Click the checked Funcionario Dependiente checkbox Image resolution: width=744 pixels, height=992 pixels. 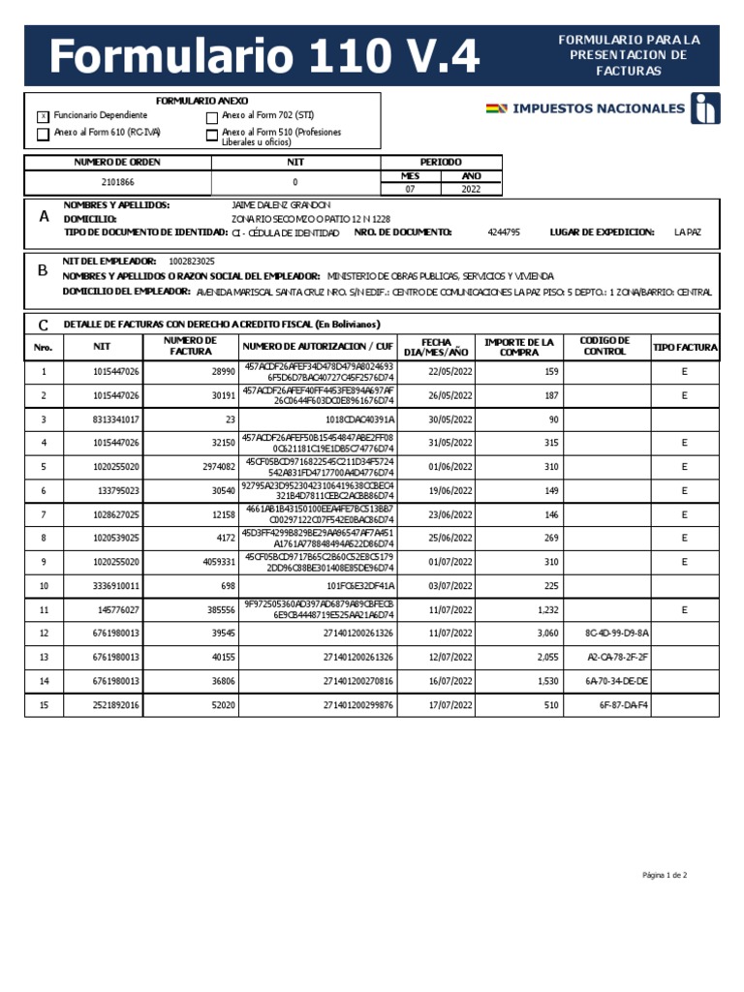(x=42, y=116)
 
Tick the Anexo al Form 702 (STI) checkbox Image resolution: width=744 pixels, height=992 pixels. (x=212, y=117)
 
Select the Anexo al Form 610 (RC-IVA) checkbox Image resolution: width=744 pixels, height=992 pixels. (x=42, y=135)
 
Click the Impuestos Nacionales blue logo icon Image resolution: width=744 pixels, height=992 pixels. (x=705, y=108)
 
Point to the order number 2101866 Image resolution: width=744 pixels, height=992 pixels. (x=117, y=182)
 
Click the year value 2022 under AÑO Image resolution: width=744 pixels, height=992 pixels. (x=471, y=190)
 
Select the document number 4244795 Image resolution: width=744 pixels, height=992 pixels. (x=504, y=232)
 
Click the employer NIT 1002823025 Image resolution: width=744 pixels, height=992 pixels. (x=192, y=262)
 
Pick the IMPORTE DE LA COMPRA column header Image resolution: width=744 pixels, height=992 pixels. (x=519, y=347)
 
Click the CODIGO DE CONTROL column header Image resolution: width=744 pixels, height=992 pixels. (x=604, y=347)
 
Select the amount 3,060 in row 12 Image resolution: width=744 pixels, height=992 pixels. (x=547, y=633)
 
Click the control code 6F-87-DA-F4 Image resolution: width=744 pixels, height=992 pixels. (x=624, y=705)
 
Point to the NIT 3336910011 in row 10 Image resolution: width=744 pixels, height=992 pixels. (x=116, y=586)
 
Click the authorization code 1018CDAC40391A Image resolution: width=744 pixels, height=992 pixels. (x=359, y=419)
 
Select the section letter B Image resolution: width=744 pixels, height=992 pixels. (x=43, y=271)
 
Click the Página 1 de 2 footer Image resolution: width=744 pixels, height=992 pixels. (x=665, y=876)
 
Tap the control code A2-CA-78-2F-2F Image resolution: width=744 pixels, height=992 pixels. (x=617, y=657)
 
